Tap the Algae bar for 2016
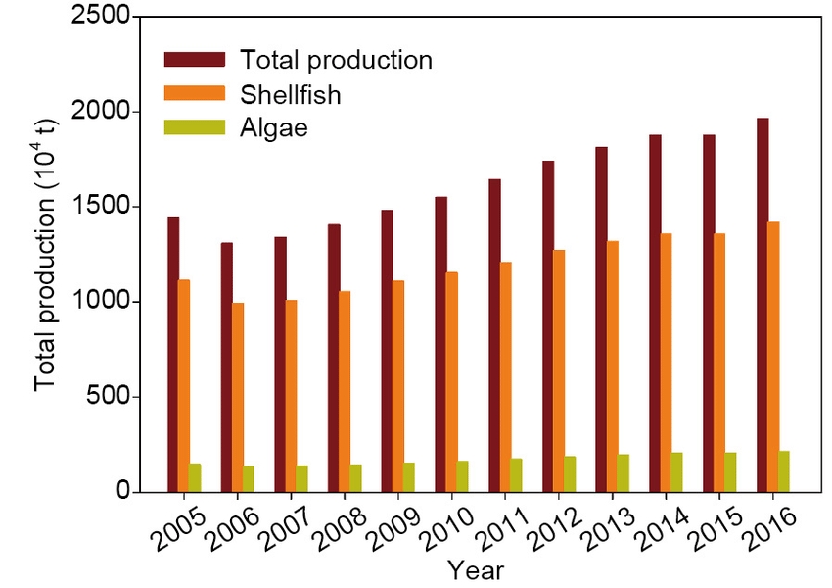[x=783, y=471]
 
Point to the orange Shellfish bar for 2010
[x=452, y=381]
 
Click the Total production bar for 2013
[x=601, y=319]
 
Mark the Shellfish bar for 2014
[x=667, y=363]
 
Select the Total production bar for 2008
[x=334, y=358]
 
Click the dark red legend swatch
[x=195, y=60]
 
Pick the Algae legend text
[x=274, y=128]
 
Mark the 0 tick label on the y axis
[x=122, y=492]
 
